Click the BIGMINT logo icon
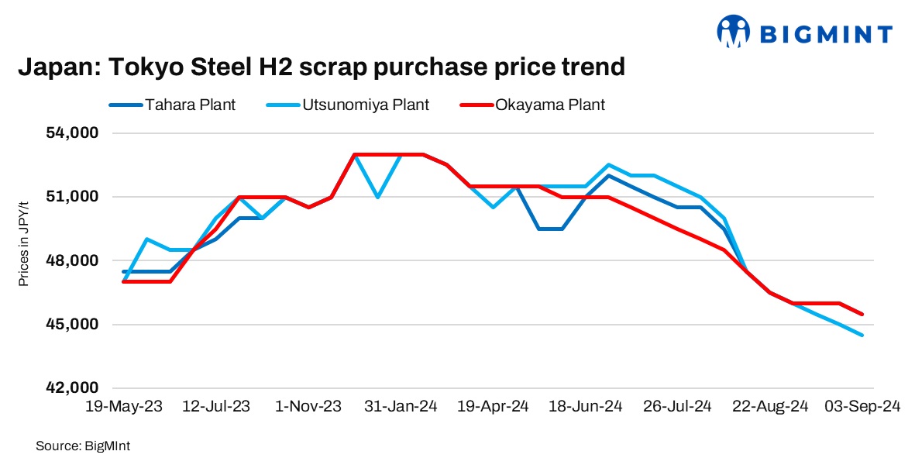point(733,32)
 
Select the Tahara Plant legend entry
point(189,105)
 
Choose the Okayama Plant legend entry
point(550,105)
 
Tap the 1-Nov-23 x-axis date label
point(308,406)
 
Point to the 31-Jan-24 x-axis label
point(400,406)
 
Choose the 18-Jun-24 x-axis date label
point(585,406)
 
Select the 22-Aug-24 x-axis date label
point(770,406)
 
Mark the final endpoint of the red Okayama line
point(862,314)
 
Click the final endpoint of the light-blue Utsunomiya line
point(862,335)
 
